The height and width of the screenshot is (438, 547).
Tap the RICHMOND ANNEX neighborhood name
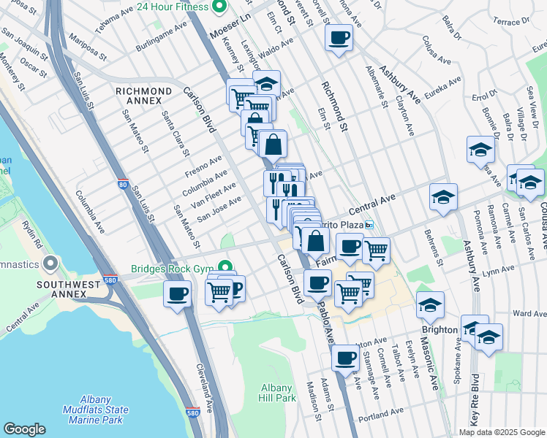[144, 91]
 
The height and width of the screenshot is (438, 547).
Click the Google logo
[24, 429]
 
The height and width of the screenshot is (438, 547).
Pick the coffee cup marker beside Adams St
[344, 358]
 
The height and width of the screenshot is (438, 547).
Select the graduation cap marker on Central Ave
[443, 197]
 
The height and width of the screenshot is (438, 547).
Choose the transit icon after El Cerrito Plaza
[370, 224]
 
